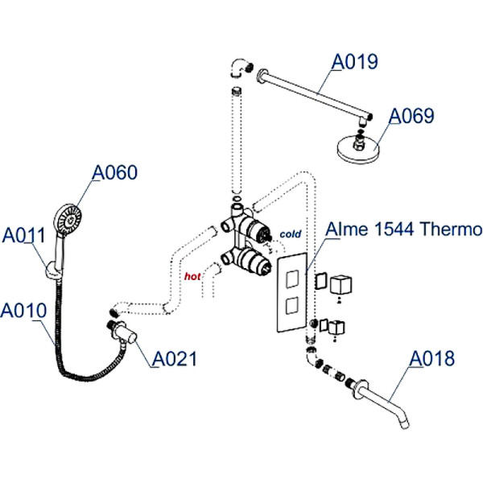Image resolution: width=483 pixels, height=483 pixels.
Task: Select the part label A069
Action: [411, 117]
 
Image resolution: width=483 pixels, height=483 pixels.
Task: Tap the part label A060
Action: [114, 173]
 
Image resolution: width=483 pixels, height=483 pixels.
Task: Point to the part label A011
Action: [23, 236]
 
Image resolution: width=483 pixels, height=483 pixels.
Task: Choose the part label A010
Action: [23, 310]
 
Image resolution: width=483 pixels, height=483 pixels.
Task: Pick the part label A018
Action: [432, 358]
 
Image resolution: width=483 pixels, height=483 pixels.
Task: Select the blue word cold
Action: [290, 234]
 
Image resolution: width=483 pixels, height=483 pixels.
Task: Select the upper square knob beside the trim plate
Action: [345, 283]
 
